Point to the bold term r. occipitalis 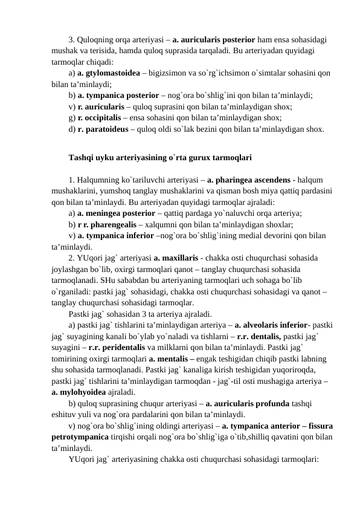click(x=98, y=118)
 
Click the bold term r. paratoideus click(x=100, y=129)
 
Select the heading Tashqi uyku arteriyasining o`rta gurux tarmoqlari click(x=159, y=158)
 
